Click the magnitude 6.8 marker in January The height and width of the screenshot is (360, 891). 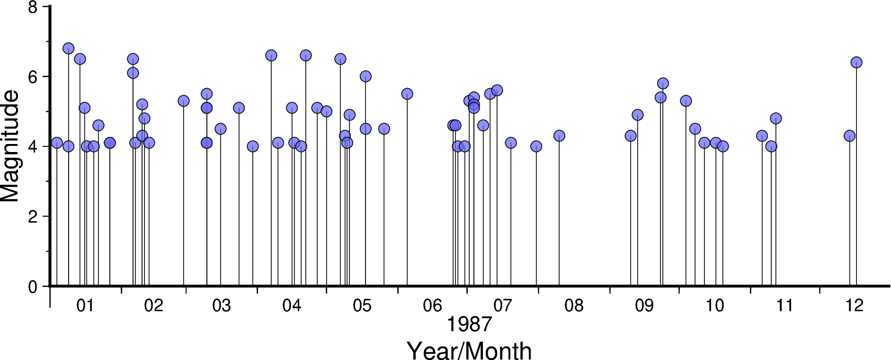click(68, 48)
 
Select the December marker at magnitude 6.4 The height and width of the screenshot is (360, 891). click(856, 63)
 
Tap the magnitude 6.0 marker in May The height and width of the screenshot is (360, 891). click(365, 76)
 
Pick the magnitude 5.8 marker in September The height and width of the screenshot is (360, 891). click(662, 83)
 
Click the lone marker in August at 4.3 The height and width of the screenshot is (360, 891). click(559, 136)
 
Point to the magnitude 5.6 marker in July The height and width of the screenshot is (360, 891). click(497, 90)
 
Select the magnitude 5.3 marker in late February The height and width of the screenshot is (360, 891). click(183, 101)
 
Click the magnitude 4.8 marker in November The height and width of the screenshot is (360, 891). click(775, 118)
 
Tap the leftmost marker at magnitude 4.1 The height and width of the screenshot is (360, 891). click(57, 143)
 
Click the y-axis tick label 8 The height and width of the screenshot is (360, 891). click(33, 8)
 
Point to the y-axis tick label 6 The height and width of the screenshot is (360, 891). click(33, 77)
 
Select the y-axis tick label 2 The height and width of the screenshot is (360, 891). click(33, 217)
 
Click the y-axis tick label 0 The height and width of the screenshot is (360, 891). click(33, 287)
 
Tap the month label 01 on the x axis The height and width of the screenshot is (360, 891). click(85, 306)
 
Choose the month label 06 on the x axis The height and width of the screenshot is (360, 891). click(432, 306)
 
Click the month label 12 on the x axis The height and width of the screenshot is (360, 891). click(855, 306)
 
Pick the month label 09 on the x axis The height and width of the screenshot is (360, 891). click(644, 306)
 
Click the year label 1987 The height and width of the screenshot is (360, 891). click(469, 325)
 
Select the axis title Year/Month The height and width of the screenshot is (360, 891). click(469, 351)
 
